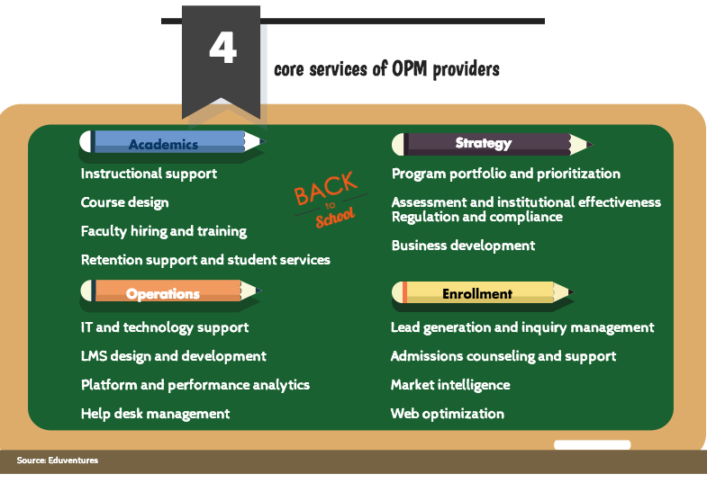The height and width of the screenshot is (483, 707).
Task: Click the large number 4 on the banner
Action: point(222,48)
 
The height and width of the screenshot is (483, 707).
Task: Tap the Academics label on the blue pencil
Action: point(163,144)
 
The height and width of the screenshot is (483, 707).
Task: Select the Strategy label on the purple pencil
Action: point(484,143)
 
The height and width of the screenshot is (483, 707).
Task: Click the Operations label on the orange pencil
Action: point(163,294)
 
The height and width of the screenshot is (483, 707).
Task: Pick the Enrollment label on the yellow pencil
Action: point(477,294)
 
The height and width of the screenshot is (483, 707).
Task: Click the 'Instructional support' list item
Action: point(149,174)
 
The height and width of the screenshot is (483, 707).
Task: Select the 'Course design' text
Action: point(125,202)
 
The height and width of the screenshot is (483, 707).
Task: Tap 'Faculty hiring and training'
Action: point(164,231)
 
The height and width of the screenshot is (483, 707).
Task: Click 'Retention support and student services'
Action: point(205,260)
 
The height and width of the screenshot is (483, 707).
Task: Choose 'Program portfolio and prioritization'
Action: point(506,174)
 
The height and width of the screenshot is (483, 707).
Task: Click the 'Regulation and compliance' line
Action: point(477,217)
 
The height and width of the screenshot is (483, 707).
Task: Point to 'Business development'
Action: point(463,246)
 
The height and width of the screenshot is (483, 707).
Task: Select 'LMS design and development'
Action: point(174,356)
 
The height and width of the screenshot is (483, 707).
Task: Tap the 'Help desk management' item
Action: point(155,414)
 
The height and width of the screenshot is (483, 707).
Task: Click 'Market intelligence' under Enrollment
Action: point(450,385)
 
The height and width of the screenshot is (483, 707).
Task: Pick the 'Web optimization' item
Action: point(448,414)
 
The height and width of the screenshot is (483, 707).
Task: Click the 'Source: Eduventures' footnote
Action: point(58,460)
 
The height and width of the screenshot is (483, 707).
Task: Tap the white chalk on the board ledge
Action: point(592,444)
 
